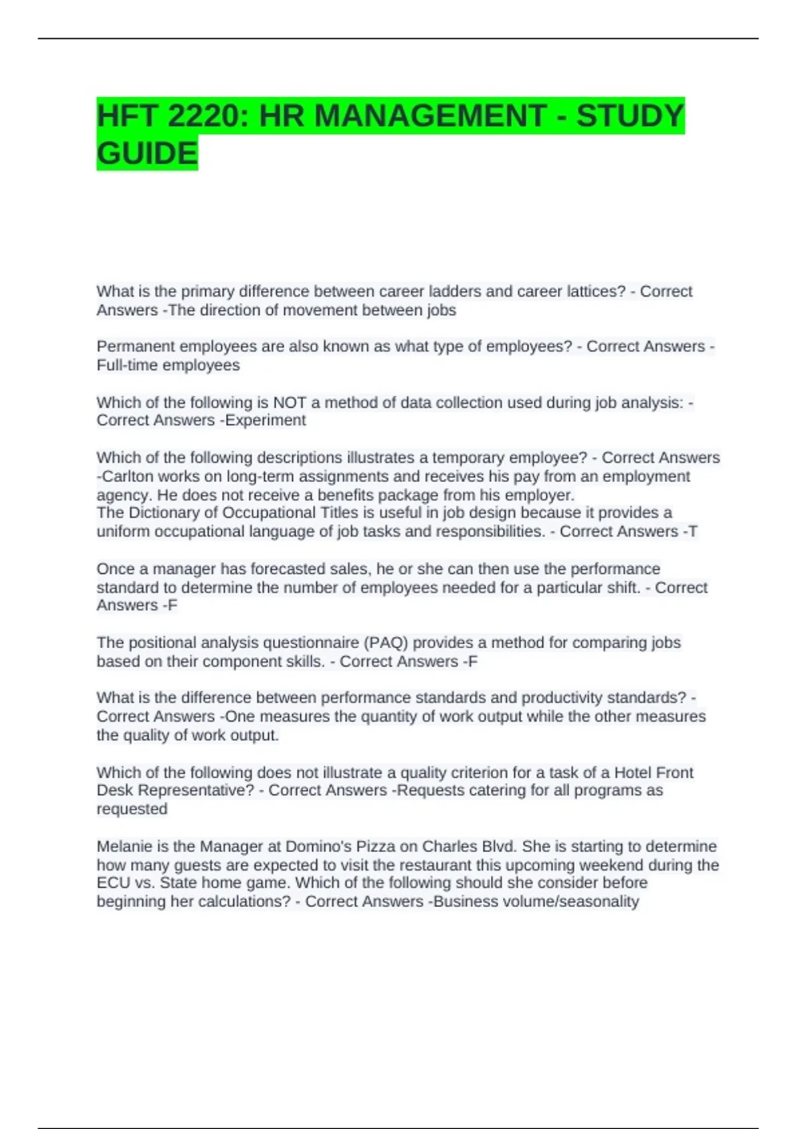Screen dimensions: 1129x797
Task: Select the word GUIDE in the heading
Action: [147, 153]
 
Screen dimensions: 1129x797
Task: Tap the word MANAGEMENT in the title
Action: [402, 116]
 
